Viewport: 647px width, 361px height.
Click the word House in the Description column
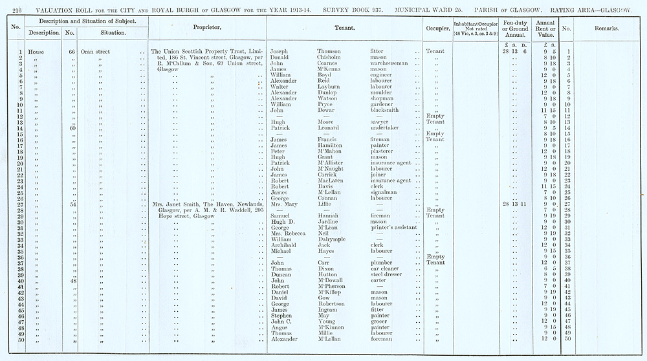click(36, 51)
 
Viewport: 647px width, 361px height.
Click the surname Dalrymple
click(336, 239)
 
